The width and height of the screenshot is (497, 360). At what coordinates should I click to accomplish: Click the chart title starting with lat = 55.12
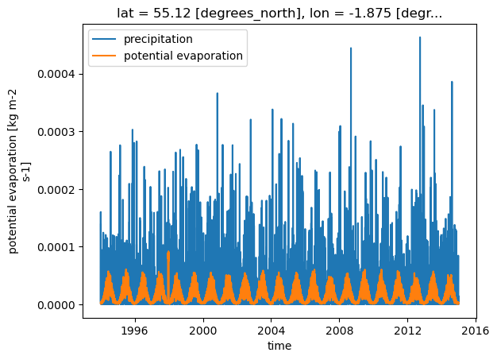[x=279, y=13]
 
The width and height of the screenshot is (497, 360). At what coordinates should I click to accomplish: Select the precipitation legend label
[x=158, y=39]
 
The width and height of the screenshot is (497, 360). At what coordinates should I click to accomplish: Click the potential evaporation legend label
[x=183, y=56]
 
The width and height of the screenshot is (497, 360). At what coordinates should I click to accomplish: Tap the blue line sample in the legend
[x=104, y=39]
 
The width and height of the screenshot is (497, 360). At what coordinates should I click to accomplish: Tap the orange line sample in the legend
[x=104, y=56]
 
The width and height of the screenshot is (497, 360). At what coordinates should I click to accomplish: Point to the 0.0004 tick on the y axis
[x=56, y=74]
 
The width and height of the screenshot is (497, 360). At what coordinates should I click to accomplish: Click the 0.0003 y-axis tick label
[x=56, y=132]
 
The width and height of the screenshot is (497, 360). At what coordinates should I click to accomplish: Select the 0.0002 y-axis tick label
[x=56, y=190]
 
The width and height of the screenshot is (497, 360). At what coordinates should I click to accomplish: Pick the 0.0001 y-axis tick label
[x=56, y=247]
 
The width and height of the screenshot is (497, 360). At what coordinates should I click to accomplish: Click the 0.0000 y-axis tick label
[x=56, y=305]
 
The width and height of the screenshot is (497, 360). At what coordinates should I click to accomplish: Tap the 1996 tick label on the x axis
[x=135, y=331]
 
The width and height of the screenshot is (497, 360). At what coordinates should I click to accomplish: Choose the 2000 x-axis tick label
[x=203, y=331]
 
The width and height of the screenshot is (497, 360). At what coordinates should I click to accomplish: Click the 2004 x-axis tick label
[x=272, y=331]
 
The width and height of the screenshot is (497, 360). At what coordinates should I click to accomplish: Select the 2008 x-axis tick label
[x=340, y=331]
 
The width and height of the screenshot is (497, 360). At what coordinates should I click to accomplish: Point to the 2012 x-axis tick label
[x=407, y=331]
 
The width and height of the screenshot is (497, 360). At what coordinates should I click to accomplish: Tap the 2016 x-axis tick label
[x=476, y=331]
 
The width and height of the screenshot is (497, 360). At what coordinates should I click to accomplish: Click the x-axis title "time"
[x=279, y=346]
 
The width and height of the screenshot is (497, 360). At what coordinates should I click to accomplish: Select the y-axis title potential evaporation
[x=18, y=172]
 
